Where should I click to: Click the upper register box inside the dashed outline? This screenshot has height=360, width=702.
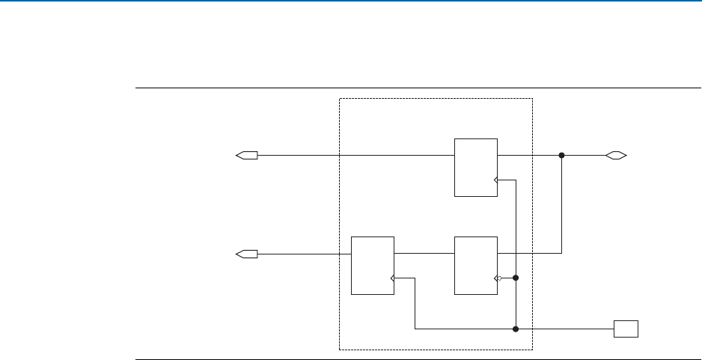(476, 167)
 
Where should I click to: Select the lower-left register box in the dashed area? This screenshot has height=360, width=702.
(373, 265)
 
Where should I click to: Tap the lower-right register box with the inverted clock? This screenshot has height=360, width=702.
(476, 265)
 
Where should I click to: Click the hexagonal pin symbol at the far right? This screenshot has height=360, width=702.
(616, 156)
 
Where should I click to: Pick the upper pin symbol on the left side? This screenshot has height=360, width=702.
(247, 156)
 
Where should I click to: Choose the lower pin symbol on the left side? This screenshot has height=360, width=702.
(247, 254)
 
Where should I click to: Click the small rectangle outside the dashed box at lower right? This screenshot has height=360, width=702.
(626, 329)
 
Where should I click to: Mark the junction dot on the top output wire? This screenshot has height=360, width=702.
(561, 156)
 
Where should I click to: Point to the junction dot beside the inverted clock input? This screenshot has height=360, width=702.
(516, 278)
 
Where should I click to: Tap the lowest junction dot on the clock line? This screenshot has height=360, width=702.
(516, 329)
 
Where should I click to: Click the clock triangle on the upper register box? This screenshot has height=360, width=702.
(495, 180)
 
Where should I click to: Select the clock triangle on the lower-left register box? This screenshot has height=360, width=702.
(392, 278)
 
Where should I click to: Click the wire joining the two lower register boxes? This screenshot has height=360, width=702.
(424, 254)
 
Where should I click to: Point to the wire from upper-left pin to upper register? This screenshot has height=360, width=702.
(355, 156)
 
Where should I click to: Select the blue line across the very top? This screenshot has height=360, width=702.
(351, 1)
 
